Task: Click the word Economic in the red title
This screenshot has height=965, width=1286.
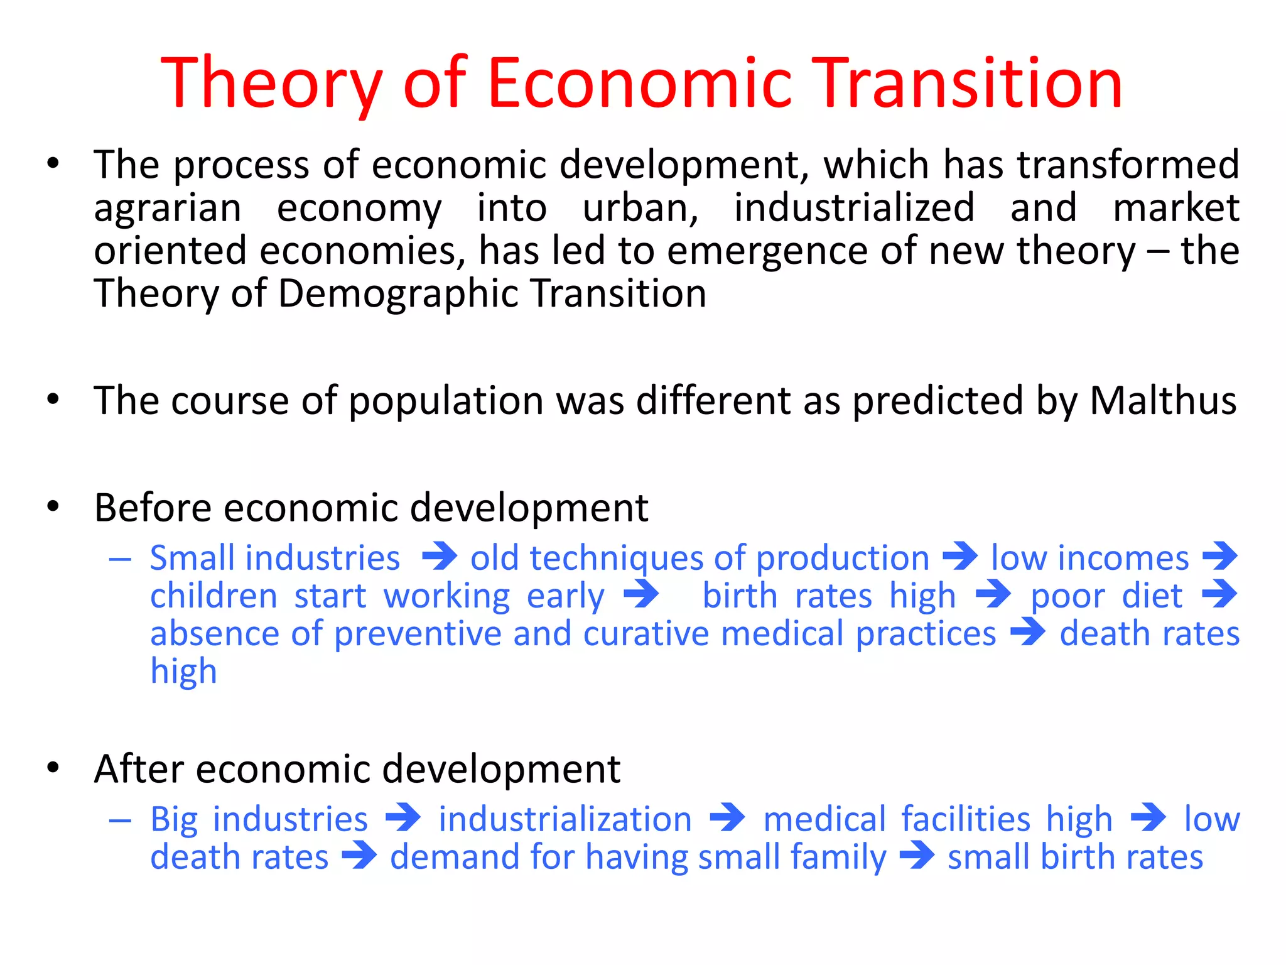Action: point(639,83)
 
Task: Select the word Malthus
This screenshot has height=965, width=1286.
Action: point(1163,400)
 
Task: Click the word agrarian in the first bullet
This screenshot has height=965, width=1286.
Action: point(168,209)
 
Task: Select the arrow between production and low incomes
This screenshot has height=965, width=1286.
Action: point(960,557)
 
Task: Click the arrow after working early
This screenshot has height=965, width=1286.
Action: point(641,594)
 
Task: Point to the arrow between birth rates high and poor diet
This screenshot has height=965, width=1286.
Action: point(993,594)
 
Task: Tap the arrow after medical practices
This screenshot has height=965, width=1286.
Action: point(1028,632)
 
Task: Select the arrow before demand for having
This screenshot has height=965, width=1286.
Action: point(359,856)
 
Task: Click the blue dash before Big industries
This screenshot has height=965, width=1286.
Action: point(119,820)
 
